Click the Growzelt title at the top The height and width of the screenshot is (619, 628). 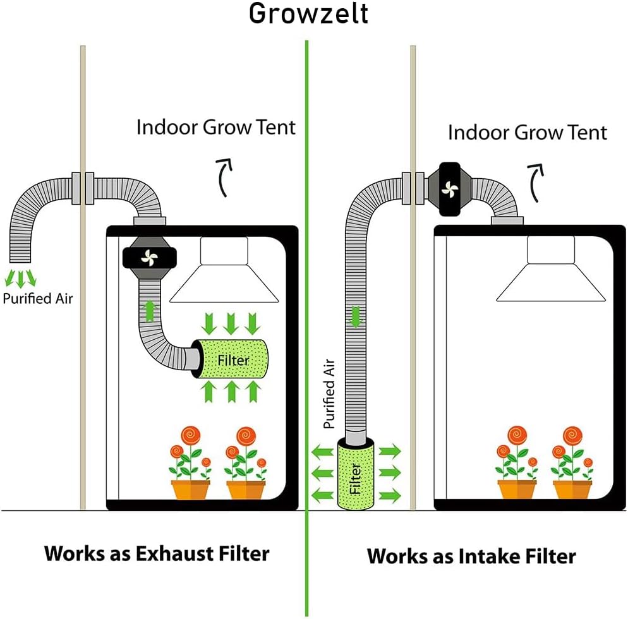click(308, 14)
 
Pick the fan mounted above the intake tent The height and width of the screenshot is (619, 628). click(450, 189)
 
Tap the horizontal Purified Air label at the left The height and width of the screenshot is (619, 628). click(38, 298)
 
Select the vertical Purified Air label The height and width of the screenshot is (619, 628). click(329, 394)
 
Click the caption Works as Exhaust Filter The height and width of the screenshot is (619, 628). click(157, 553)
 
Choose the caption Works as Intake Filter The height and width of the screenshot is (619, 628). click(471, 556)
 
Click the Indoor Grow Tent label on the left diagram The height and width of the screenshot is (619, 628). click(215, 127)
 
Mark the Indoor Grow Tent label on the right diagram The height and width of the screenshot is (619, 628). click(527, 133)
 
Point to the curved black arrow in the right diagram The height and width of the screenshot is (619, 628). click(536, 183)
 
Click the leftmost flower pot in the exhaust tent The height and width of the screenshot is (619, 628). click(190, 490)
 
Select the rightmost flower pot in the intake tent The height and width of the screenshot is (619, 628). click(572, 490)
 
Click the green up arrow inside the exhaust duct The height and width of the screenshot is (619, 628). click(149, 310)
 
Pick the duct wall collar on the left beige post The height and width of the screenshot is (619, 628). click(83, 188)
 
